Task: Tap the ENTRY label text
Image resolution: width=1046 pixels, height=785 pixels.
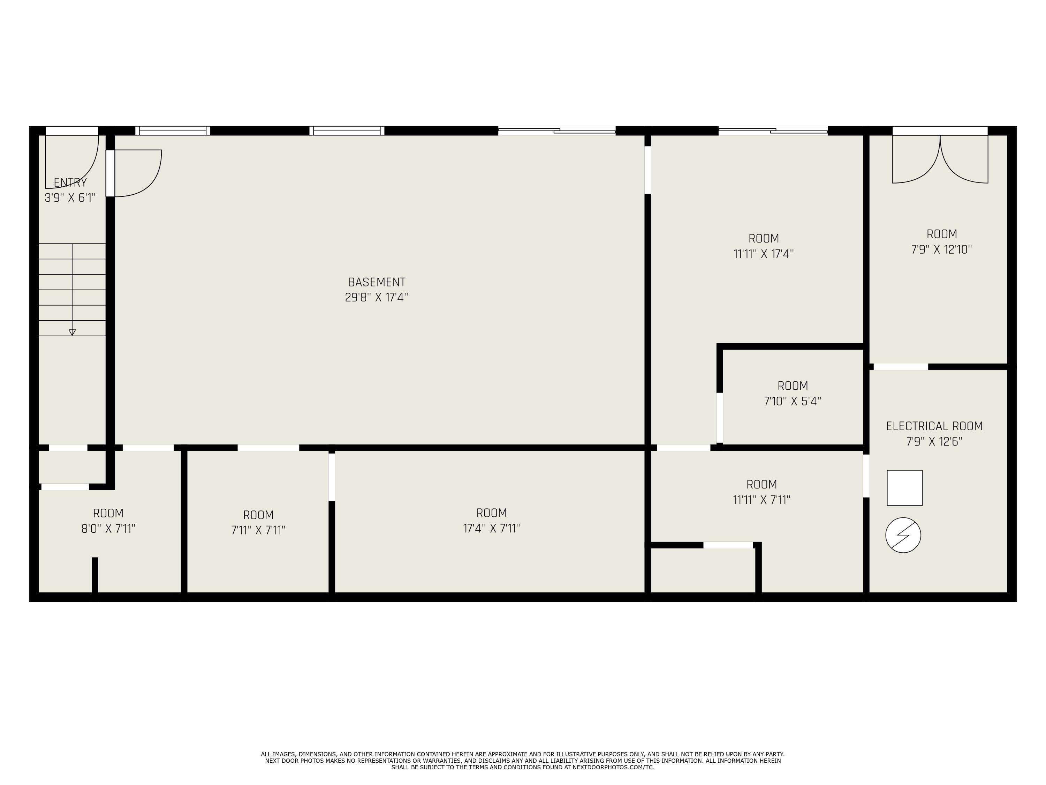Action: coord(70,183)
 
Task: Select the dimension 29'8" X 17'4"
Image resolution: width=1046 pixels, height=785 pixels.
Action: coord(377,298)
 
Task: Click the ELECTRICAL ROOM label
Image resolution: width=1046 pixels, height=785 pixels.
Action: coord(934,426)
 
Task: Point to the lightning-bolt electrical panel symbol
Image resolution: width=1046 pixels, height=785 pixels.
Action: coord(903,535)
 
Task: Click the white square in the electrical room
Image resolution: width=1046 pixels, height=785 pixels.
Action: coord(904,488)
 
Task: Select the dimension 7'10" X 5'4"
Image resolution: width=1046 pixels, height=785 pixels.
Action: coord(793,401)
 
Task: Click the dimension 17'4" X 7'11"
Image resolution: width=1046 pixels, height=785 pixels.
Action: coord(491,528)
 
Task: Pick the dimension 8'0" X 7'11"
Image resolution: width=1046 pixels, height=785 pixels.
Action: coord(108,529)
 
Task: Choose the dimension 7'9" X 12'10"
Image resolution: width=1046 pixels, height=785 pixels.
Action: coord(941,249)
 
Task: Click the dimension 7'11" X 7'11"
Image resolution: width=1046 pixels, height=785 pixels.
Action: coord(258,530)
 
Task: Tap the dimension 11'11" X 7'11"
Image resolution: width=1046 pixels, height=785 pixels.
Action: coord(761,500)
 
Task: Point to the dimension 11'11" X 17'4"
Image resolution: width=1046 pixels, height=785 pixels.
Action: coord(763,254)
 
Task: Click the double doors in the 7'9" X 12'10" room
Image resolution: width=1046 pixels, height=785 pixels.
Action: coord(940,159)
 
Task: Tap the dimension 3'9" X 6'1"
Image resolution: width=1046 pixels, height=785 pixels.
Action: coord(70,198)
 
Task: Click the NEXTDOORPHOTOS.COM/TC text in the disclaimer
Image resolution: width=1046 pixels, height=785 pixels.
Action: coord(613,767)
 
